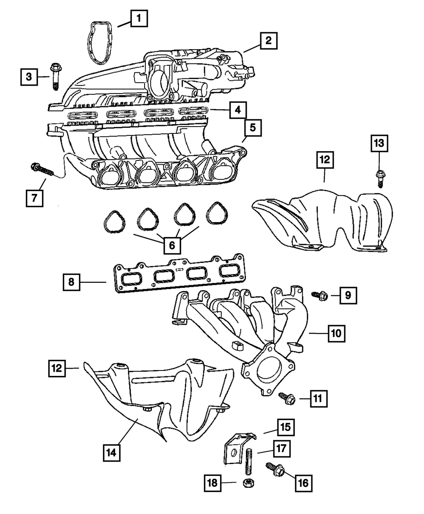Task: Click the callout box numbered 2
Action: (269, 41)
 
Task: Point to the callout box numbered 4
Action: (237, 111)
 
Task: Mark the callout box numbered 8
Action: (72, 282)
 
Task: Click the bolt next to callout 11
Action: (286, 398)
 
